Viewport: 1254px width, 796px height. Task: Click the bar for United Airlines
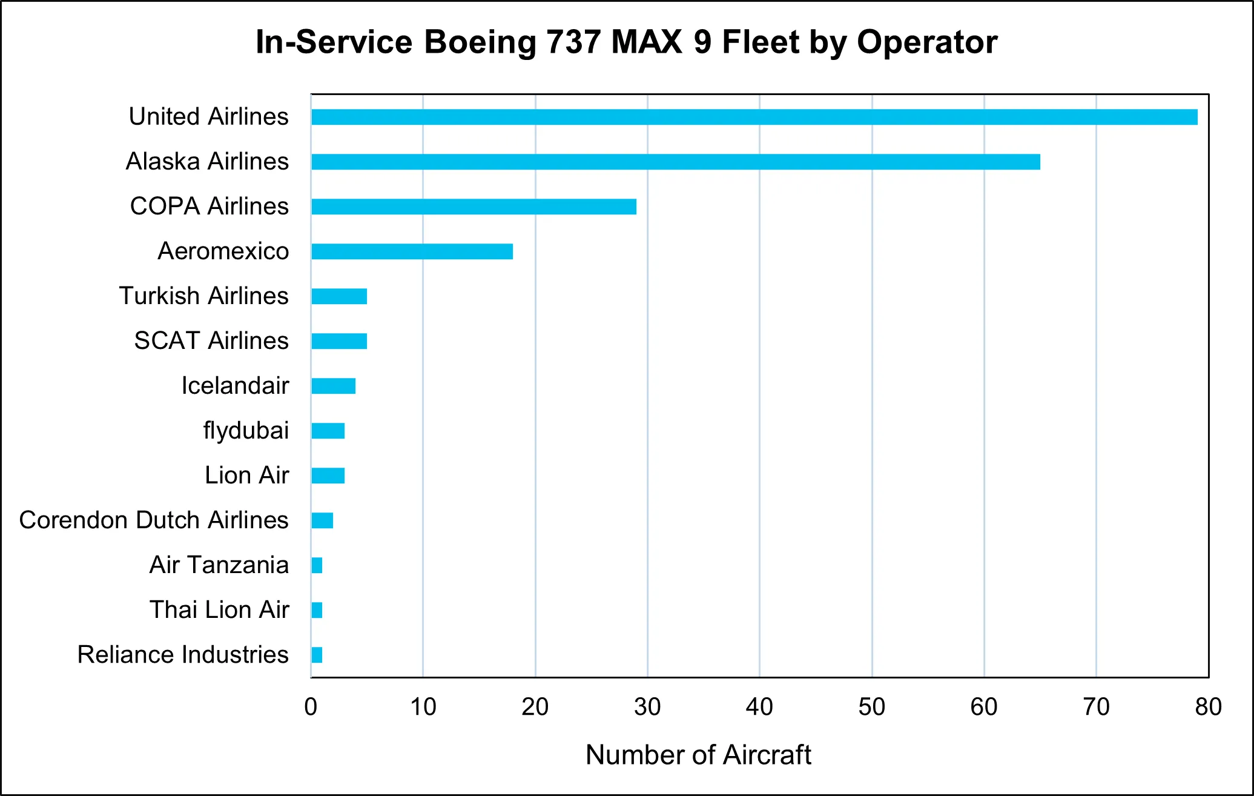pyautogui.click(x=754, y=117)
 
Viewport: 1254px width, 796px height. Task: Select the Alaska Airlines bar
pyautogui.click(x=675, y=162)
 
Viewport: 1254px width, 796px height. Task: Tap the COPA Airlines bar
pyautogui.click(x=474, y=207)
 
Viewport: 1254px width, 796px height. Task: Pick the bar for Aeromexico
pyautogui.click(x=412, y=251)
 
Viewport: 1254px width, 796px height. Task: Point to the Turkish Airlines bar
pyautogui.click(x=339, y=296)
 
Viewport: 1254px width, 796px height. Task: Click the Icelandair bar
pyautogui.click(x=333, y=386)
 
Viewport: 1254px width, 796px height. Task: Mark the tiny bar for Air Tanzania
pyautogui.click(x=317, y=565)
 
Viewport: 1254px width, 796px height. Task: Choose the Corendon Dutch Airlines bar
pyautogui.click(x=322, y=520)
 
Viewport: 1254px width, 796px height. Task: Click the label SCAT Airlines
pyautogui.click(x=211, y=340)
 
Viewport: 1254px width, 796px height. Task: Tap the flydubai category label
pyautogui.click(x=246, y=430)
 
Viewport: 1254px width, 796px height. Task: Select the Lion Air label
pyautogui.click(x=246, y=475)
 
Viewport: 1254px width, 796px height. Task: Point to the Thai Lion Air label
pyautogui.click(x=219, y=609)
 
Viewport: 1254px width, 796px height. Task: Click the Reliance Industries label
pyautogui.click(x=183, y=654)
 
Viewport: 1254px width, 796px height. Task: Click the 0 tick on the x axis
pyautogui.click(x=311, y=707)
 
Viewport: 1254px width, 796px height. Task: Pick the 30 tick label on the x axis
pyautogui.click(x=647, y=707)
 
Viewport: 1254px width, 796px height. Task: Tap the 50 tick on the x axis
pyautogui.click(x=871, y=707)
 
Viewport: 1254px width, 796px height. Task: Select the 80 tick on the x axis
pyautogui.click(x=1208, y=707)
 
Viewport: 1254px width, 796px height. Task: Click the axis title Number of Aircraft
pyautogui.click(x=698, y=755)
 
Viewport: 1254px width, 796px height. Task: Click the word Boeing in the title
pyautogui.click(x=480, y=42)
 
